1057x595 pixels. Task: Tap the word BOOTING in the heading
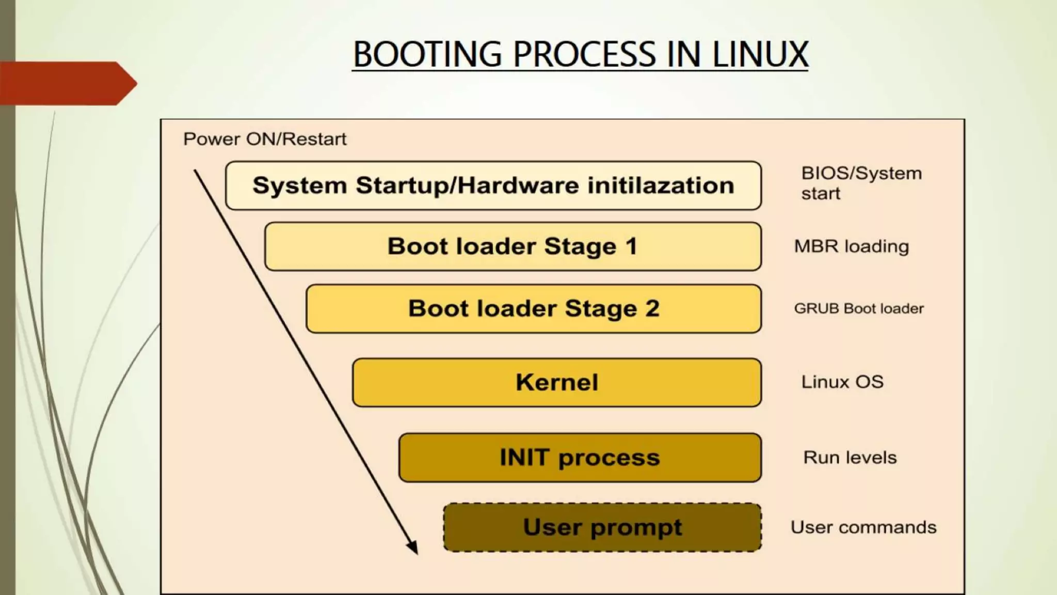click(427, 54)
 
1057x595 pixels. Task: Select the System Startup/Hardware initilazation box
click(493, 185)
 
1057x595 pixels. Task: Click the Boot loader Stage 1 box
click(513, 246)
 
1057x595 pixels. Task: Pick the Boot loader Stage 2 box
click(533, 308)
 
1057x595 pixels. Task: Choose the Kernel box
click(556, 382)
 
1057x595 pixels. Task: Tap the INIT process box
click(580, 458)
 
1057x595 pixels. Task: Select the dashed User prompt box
click(602, 527)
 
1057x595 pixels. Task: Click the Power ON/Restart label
click(265, 139)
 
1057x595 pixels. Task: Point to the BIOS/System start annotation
click(861, 183)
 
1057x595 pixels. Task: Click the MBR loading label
click(851, 246)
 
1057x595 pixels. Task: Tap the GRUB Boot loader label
click(858, 308)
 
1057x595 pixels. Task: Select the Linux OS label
click(842, 382)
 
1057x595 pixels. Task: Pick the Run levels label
click(850, 457)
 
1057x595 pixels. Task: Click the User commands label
click(863, 527)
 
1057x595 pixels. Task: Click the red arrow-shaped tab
click(67, 83)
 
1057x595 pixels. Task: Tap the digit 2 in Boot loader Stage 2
click(652, 308)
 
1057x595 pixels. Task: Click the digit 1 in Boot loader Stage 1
click(631, 246)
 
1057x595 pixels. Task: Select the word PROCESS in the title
click(583, 54)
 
